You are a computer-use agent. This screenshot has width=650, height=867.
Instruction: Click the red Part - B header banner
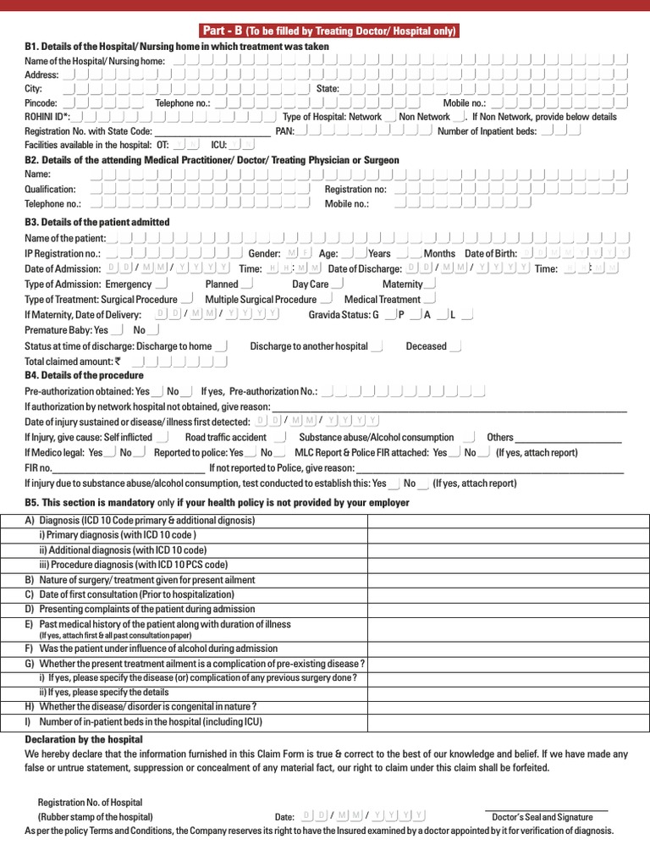[x=329, y=31]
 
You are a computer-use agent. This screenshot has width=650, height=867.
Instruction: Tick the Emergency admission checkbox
[x=161, y=284]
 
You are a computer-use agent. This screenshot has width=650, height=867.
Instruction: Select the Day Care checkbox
[x=338, y=284]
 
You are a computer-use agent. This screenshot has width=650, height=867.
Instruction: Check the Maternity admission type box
[x=430, y=284]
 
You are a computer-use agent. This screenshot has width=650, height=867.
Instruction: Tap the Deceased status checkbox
[x=455, y=346]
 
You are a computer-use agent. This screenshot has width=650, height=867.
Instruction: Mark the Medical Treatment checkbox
[x=429, y=299]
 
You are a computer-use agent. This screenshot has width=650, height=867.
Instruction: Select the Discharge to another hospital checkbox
[x=377, y=346]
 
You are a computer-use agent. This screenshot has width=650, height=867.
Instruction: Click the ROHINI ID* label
[x=47, y=117]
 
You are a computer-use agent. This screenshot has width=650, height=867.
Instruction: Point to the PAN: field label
[x=285, y=131]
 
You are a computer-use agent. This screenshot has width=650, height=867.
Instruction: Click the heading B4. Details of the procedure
[x=84, y=375]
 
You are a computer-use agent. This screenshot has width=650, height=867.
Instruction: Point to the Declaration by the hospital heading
[x=83, y=739]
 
